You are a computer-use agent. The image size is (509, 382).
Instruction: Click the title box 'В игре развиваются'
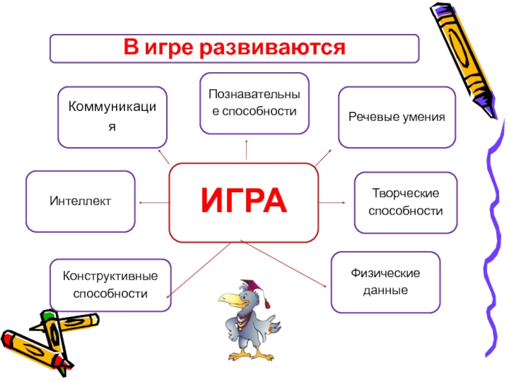[234, 48]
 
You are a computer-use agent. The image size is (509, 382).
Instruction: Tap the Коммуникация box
[112, 117]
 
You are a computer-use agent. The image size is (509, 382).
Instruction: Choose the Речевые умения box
[396, 118]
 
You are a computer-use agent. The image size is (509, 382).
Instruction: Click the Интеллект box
[80, 201]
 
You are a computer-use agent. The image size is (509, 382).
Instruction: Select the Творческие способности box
[405, 201]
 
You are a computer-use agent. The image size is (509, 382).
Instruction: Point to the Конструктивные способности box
[110, 285]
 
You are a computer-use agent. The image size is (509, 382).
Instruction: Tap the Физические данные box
[385, 282]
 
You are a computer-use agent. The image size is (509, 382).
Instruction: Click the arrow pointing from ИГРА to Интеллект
[153, 202]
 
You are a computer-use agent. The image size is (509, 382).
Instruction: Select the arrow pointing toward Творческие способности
[331, 202]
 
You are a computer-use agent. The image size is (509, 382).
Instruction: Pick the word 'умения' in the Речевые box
[421, 118]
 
